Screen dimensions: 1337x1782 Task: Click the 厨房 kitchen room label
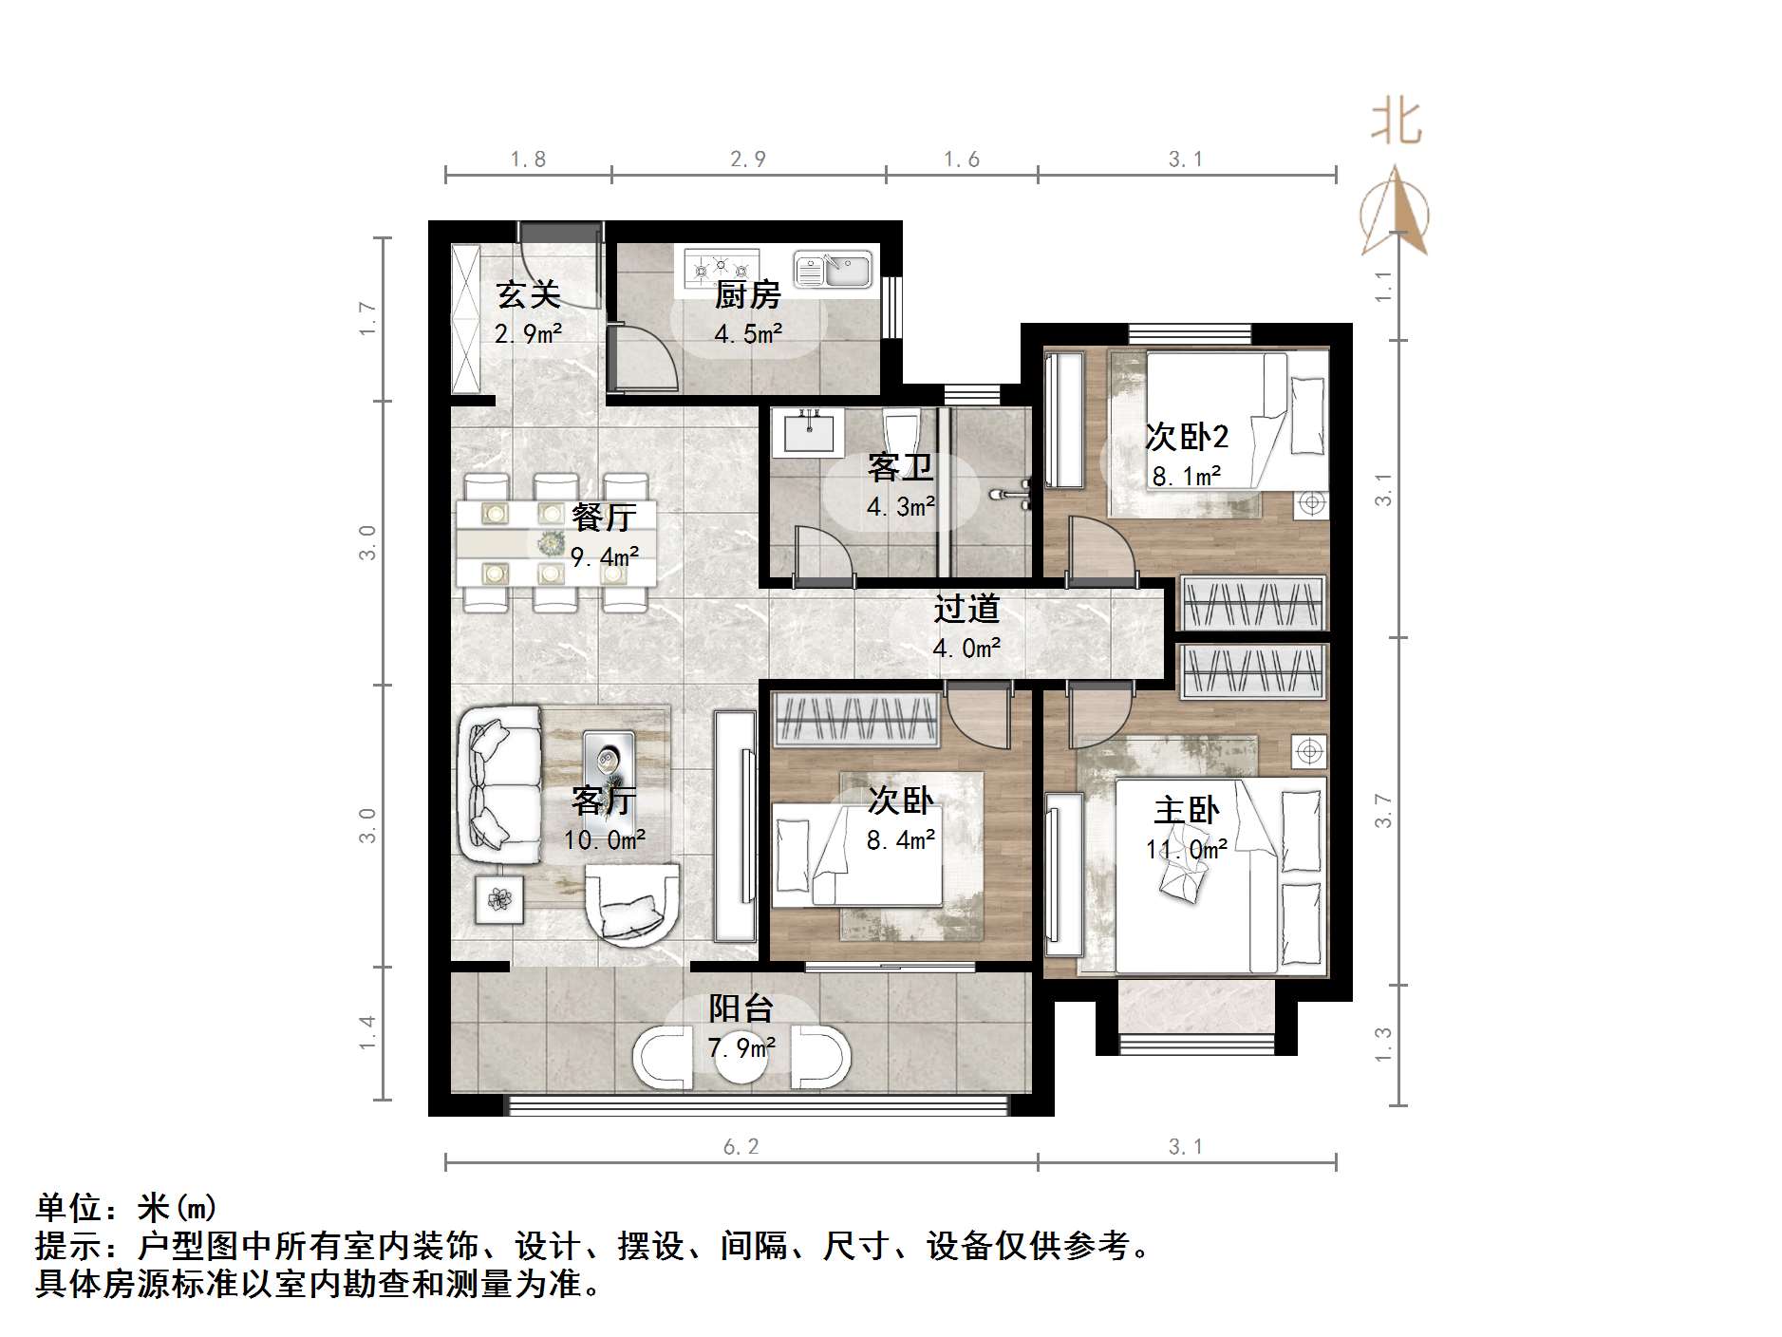click(x=747, y=295)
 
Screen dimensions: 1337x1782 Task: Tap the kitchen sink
click(x=833, y=271)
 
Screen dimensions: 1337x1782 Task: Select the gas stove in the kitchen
click(x=722, y=267)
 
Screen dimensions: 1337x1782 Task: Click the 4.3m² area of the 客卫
click(x=900, y=507)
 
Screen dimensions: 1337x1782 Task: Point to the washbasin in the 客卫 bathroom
click(x=809, y=432)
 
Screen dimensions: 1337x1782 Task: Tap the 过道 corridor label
click(x=966, y=609)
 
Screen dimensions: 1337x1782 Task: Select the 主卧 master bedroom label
click(x=1186, y=810)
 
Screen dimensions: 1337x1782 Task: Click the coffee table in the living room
click(x=608, y=755)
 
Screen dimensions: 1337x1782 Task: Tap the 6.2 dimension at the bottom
click(x=741, y=1147)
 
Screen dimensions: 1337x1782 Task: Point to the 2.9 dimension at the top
click(x=747, y=160)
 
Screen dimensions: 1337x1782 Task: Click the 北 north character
click(x=1396, y=123)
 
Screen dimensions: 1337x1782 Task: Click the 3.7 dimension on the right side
click(x=1383, y=810)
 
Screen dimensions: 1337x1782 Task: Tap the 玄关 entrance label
click(x=528, y=294)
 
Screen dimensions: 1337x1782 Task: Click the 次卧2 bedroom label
click(x=1186, y=437)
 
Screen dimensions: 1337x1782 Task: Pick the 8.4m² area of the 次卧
click(x=900, y=839)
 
